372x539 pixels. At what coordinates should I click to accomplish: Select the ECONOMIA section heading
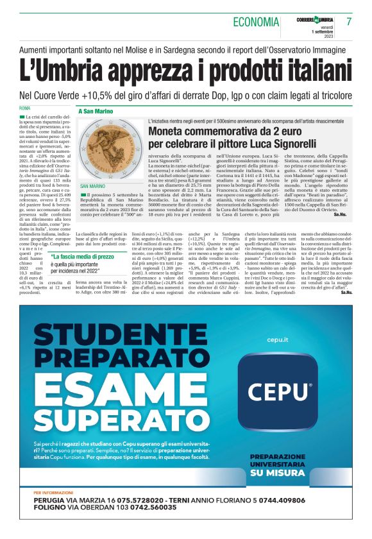[x=256, y=22]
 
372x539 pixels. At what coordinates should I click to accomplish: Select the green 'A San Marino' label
[x=96, y=111]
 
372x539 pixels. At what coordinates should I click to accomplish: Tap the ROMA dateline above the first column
[x=25, y=107]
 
